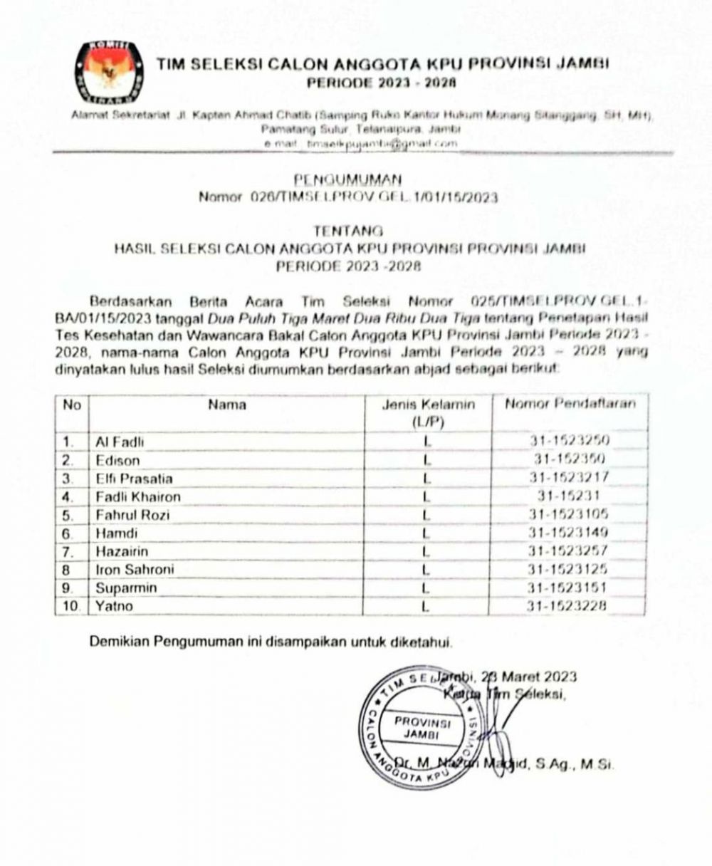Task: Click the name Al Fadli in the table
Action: coord(120,442)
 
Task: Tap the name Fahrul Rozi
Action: coord(132,515)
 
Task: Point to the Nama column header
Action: coord(227,405)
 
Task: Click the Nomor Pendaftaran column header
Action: coord(570,405)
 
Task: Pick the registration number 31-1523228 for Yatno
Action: coord(567,607)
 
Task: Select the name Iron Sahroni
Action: coord(135,570)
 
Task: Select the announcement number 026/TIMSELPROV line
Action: coord(348,197)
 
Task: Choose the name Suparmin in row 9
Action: coord(126,588)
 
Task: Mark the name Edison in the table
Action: coord(117,460)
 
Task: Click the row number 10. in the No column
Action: coord(70,607)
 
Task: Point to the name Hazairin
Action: coord(122,551)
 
